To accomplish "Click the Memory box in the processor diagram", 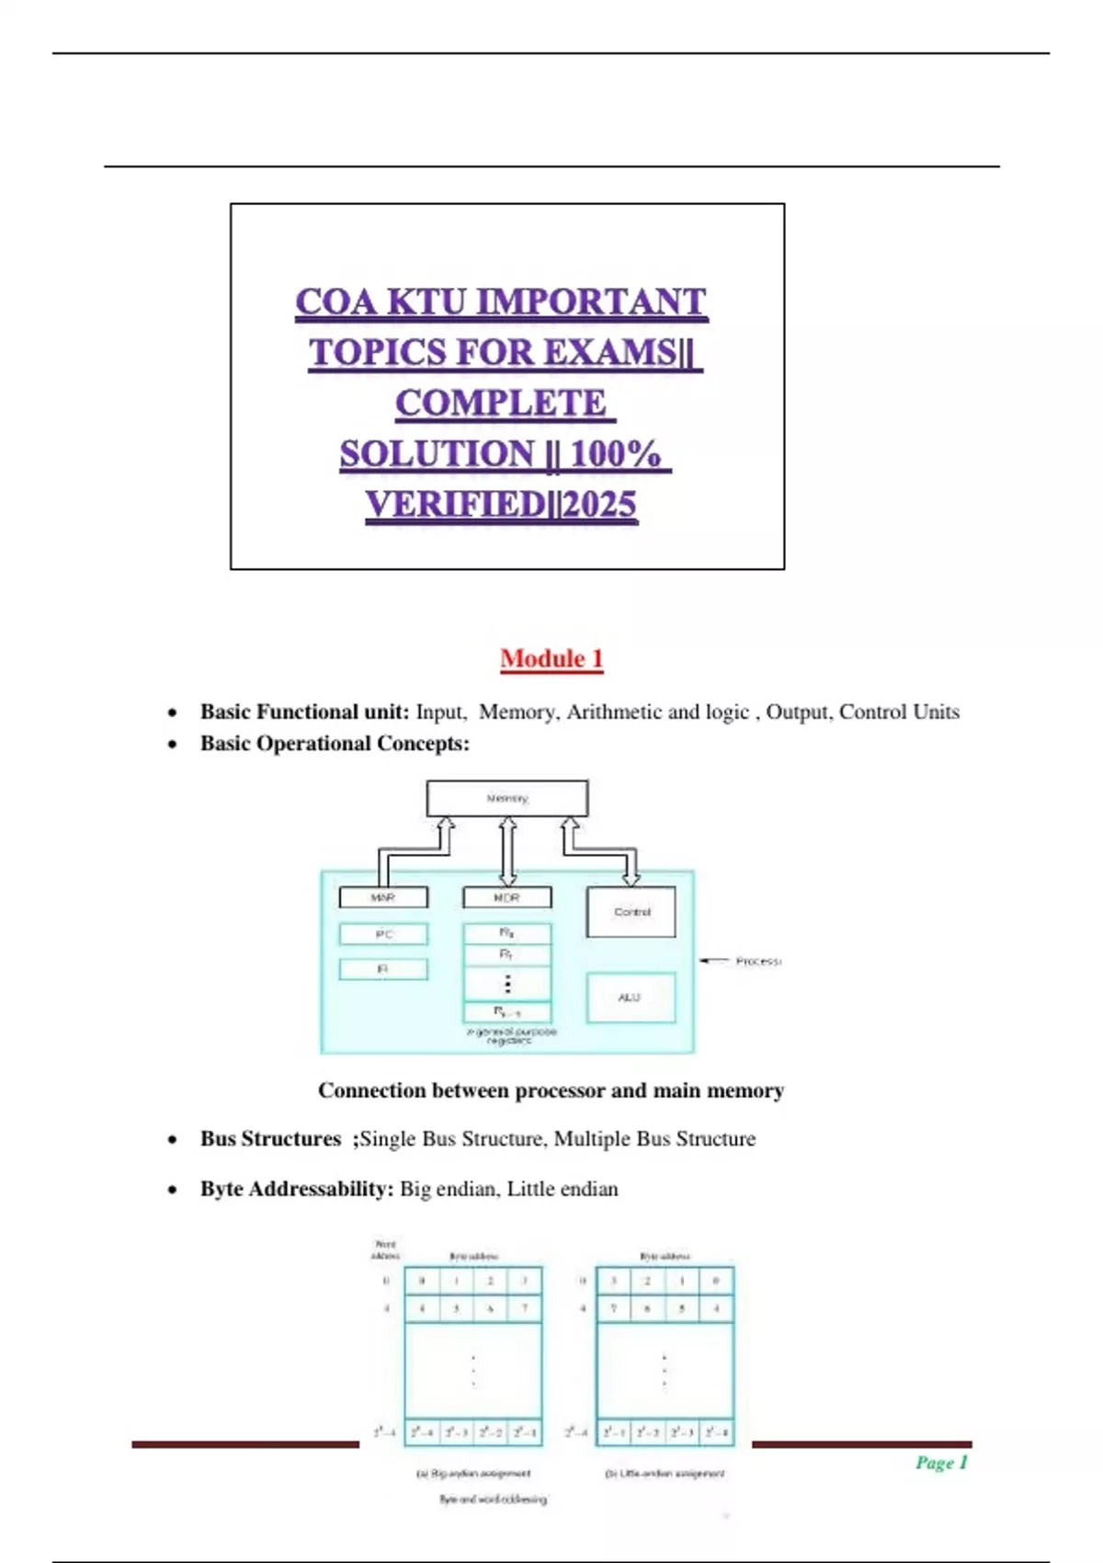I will (x=506, y=798).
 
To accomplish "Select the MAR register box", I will (x=383, y=897).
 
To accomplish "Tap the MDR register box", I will (x=506, y=897).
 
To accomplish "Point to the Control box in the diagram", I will (x=631, y=912).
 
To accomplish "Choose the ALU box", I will (x=631, y=998).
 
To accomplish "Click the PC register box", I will (x=383, y=934).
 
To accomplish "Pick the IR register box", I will (x=383, y=969).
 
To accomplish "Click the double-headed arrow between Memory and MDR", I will (x=507, y=850).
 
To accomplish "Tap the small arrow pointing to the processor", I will (x=714, y=961).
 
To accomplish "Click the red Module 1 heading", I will (x=551, y=658).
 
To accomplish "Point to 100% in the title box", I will (x=615, y=454).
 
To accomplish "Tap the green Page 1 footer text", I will (x=940, y=1463).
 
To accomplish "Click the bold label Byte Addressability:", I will (x=297, y=1189).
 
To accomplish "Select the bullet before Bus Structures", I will (x=173, y=1140).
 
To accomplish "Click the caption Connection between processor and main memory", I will (x=551, y=1090).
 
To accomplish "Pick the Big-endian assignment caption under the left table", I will (x=473, y=1473).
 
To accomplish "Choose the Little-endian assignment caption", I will (x=665, y=1473).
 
